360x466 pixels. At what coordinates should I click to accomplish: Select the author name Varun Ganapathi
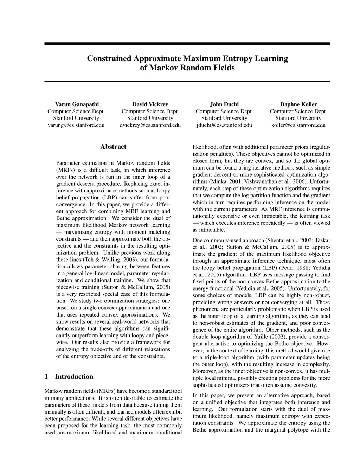[77, 104]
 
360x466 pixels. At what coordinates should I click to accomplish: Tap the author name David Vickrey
[150, 104]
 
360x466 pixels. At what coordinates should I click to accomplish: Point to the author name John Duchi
[224, 104]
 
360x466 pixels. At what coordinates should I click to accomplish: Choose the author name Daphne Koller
[298, 104]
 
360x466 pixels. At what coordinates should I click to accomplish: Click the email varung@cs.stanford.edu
[76, 125]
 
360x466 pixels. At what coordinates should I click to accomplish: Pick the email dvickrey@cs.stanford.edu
[150, 125]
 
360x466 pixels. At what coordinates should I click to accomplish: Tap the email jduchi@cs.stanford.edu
[224, 125]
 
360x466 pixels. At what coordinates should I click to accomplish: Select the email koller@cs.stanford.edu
[298, 125]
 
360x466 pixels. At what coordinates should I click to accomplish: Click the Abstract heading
[113, 147]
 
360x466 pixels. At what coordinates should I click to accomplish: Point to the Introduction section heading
[74, 377]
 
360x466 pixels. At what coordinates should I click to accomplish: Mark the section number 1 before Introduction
[46, 377]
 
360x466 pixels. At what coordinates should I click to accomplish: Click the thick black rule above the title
[187, 44]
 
